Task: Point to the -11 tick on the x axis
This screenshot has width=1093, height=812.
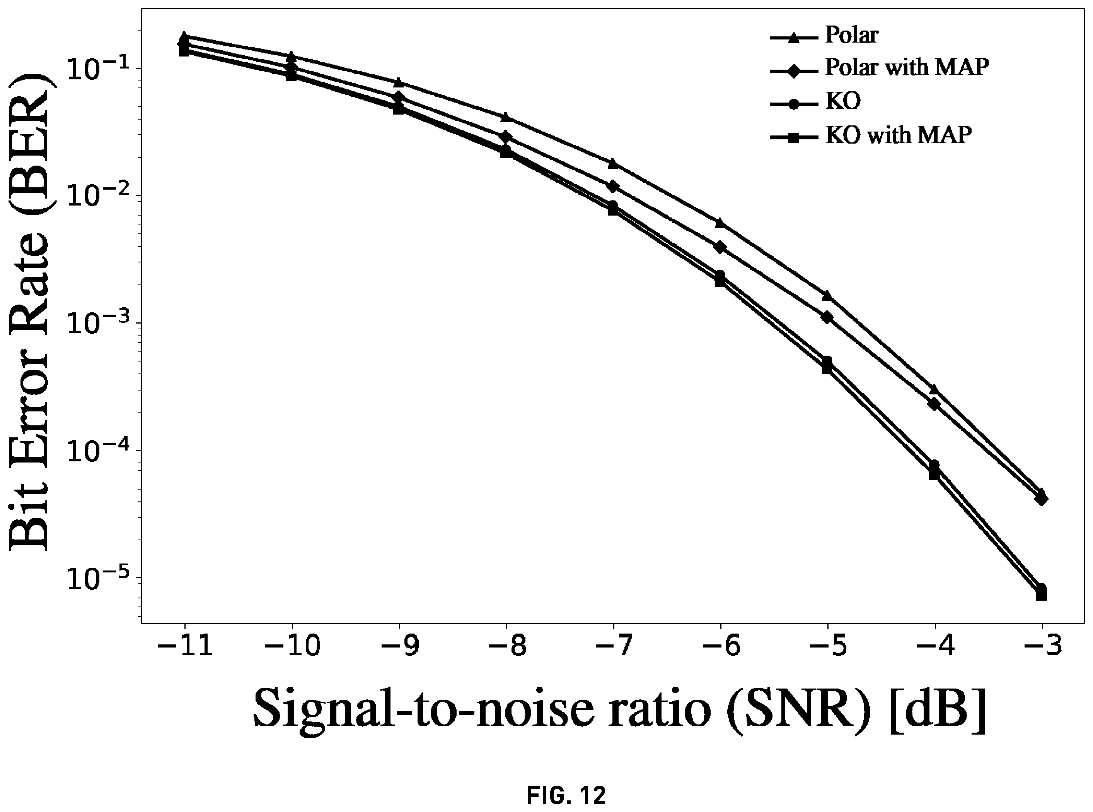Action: click(185, 645)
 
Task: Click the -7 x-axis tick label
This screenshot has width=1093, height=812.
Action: click(613, 645)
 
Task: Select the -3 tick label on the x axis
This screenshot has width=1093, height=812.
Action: click(1042, 645)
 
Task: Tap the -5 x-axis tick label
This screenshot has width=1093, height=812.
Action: click(828, 645)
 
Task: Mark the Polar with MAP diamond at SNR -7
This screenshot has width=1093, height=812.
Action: click(613, 186)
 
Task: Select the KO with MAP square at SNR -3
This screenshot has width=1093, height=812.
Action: click(1042, 595)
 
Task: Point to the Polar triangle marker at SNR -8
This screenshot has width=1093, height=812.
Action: click(506, 117)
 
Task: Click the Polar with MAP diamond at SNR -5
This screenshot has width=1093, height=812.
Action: click(827, 317)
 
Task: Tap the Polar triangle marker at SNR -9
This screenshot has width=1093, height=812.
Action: click(399, 82)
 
